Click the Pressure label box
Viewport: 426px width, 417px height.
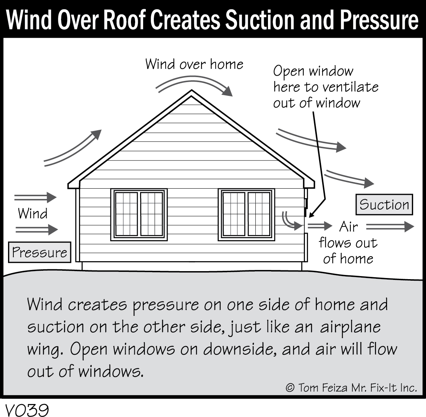coord(40,252)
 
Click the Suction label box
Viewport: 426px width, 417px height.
coord(384,204)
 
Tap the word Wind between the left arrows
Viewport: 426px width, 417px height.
coord(32,213)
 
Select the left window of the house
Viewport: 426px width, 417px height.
coord(139,215)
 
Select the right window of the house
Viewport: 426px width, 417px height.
coord(247,215)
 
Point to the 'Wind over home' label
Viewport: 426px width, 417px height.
coord(194,64)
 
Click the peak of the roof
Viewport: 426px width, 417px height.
coord(192,90)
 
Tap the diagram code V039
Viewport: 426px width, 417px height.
coord(27,410)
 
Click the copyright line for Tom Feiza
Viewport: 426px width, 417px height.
coord(351,388)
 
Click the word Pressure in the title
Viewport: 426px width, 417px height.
coord(379,20)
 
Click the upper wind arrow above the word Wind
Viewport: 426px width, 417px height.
coord(35,197)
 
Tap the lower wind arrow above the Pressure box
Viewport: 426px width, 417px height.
coord(37,230)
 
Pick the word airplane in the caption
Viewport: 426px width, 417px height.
coord(350,327)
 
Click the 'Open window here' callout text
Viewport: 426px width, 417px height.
coord(326,87)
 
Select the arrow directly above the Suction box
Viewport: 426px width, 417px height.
coord(349,179)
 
